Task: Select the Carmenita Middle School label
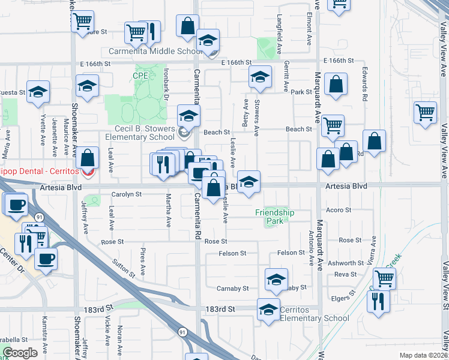coord(155,52)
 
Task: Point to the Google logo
coord(19,353)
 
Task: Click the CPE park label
coord(139,75)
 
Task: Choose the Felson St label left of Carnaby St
coord(232,254)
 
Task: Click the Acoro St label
coord(339,210)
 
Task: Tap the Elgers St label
coord(343,298)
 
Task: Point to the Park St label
coord(301,92)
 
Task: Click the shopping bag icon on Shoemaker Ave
coord(88,158)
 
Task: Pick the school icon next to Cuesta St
coord(38,92)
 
